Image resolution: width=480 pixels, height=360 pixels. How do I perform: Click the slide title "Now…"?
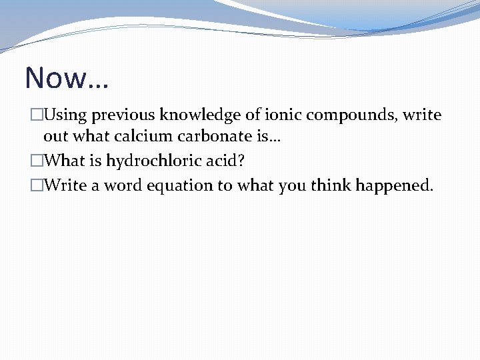click(x=67, y=78)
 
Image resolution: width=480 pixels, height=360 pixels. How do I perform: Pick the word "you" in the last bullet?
click(x=291, y=185)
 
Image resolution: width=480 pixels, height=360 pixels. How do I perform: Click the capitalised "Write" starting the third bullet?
click(x=65, y=185)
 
